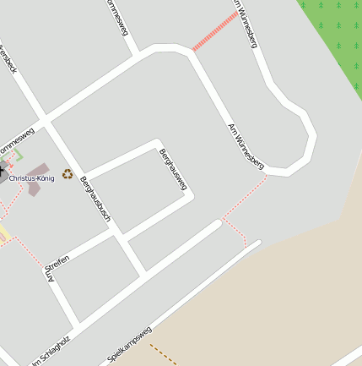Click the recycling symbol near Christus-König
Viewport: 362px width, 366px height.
[x=68, y=173]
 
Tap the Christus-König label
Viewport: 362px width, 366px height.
[x=31, y=178]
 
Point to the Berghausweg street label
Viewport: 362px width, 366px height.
[x=172, y=168]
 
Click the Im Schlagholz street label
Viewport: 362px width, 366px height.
[x=50, y=350]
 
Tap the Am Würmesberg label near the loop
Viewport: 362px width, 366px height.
[x=247, y=145]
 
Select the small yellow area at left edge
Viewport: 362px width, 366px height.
[x=3, y=232]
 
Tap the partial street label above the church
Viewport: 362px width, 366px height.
[x=17, y=139]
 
